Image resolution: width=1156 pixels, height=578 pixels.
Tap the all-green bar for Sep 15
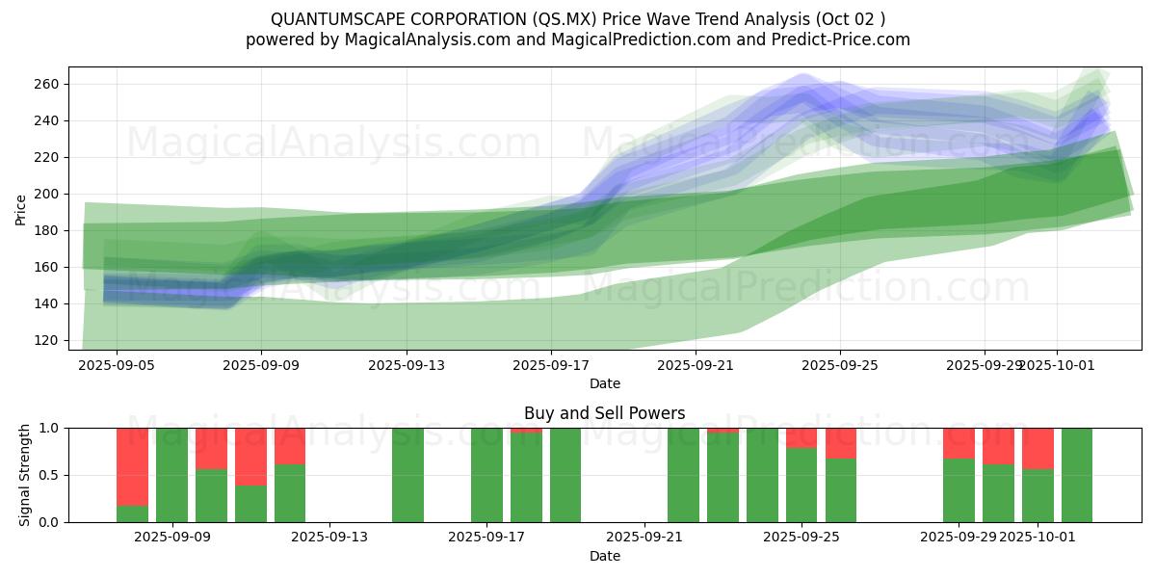[x=407, y=475]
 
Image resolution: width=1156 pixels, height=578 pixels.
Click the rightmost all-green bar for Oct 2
[x=1077, y=475]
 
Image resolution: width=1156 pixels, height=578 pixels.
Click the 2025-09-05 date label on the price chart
[x=117, y=366]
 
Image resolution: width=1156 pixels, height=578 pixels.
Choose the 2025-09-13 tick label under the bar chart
[x=329, y=538]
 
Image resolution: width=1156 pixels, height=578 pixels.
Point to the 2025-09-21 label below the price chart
[x=695, y=366]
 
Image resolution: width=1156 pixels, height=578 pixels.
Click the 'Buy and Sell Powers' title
[x=605, y=414]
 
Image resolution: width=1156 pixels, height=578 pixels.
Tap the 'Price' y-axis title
[x=21, y=209]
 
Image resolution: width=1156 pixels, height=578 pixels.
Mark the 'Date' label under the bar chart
[x=605, y=556]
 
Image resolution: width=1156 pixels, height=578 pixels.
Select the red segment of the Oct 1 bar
[x=1038, y=448]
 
